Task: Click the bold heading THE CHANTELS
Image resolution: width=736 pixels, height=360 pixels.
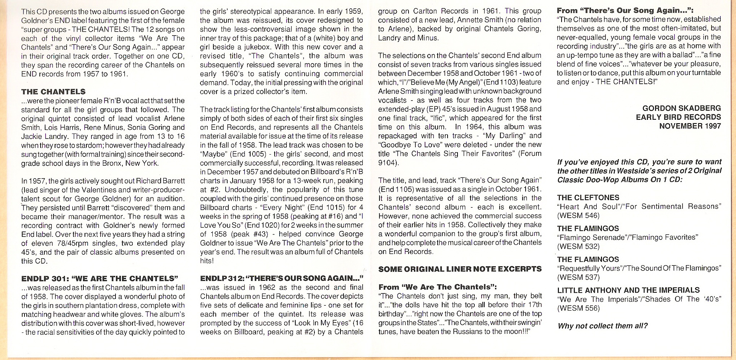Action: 53,92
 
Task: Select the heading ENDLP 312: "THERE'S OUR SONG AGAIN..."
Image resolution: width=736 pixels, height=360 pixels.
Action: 282,279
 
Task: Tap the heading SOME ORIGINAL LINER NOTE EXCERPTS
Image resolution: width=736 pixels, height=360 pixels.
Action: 460,269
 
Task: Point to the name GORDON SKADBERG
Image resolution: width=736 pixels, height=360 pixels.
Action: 682,108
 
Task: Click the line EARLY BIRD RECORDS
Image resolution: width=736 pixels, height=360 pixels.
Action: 678,117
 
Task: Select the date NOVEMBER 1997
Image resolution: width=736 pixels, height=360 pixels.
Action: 690,126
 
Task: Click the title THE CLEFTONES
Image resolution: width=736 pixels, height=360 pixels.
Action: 588,197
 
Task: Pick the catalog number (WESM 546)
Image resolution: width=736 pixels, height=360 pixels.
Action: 578,215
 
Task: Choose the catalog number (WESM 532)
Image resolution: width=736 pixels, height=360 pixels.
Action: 578,246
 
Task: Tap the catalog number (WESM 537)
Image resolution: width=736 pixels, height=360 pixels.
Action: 578,277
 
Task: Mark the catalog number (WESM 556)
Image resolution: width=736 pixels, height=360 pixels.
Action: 578,308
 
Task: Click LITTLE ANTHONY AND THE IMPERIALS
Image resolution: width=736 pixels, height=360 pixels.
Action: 628,290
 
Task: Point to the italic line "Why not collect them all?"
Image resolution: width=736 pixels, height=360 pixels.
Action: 602,326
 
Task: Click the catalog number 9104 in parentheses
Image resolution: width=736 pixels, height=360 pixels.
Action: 387,163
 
